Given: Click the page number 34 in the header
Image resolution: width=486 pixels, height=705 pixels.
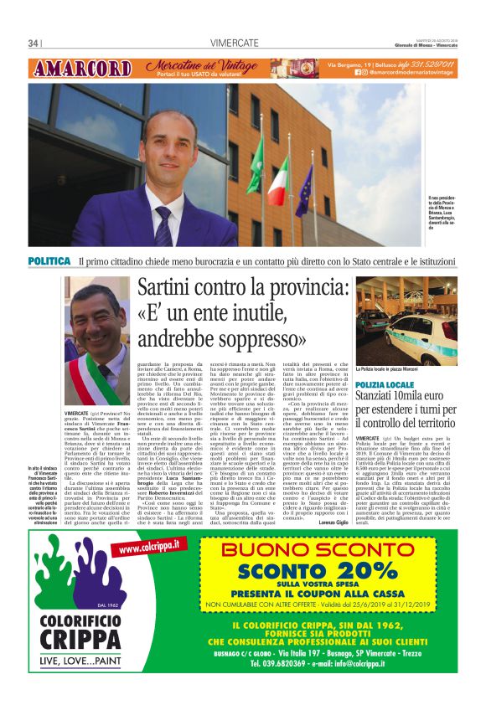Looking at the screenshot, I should (x=34, y=43).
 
